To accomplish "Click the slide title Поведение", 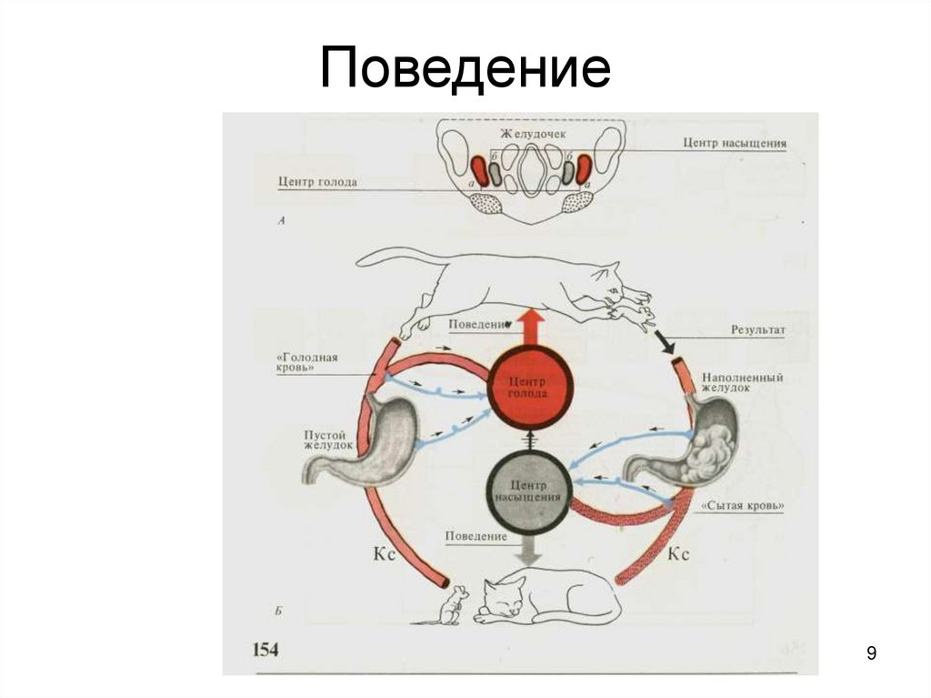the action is tap(465, 70).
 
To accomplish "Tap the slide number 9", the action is tap(872, 653).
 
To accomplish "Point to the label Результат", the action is tap(756, 329).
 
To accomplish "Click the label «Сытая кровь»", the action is tap(745, 504).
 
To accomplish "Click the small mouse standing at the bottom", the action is tap(455, 605).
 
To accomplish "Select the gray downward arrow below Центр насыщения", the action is tap(530, 548).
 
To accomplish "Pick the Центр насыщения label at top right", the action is tap(735, 143).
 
